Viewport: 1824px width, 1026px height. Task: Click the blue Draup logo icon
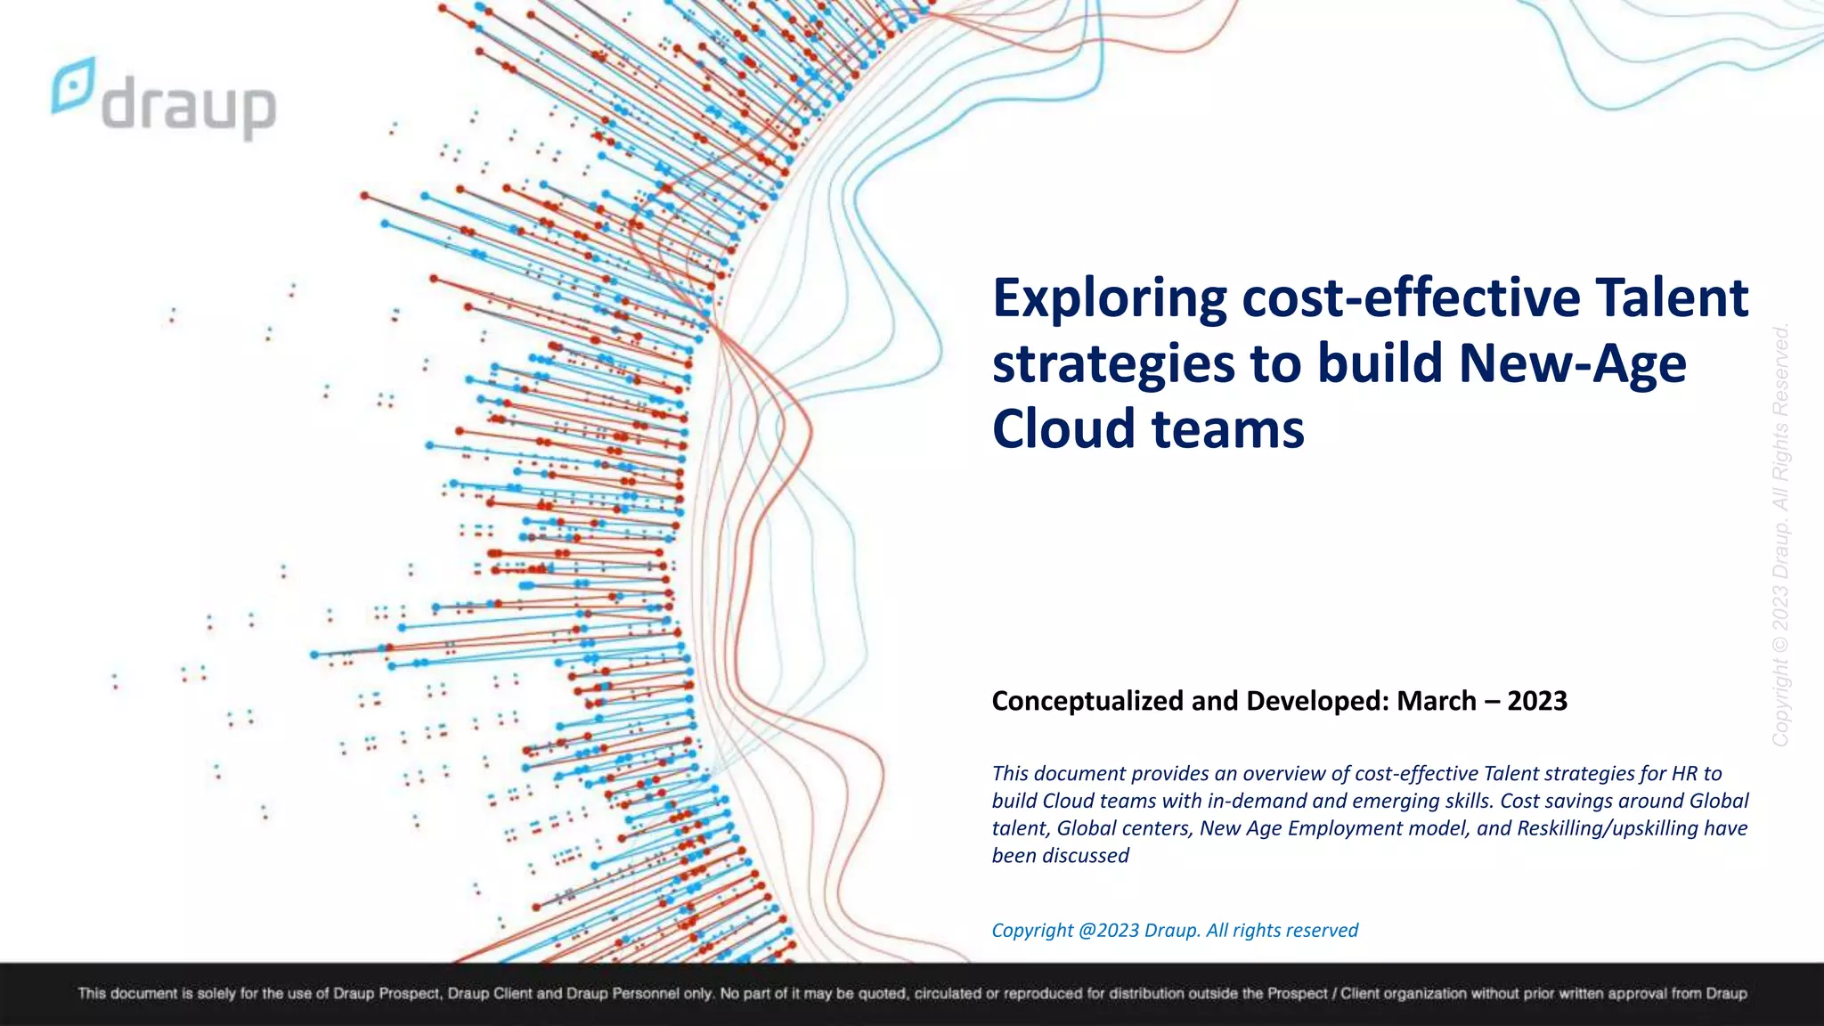(x=73, y=85)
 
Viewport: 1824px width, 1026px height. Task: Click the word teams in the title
(x=1228, y=428)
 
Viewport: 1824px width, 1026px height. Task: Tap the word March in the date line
(x=1436, y=701)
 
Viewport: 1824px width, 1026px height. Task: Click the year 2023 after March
(x=1537, y=701)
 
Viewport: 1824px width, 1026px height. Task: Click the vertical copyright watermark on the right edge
(x=1780, y=534)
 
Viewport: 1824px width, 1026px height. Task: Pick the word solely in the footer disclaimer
(x=219, y=993)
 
